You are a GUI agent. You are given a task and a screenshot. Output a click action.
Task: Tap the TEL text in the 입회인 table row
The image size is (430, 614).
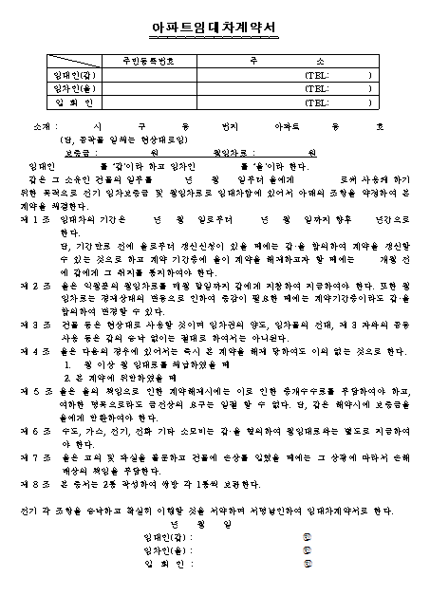pos(315,102)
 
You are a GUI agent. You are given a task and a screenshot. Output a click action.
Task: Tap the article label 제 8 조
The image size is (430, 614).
pos(33,482)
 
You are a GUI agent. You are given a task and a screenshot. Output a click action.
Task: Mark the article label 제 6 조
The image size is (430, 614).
pos(33,429)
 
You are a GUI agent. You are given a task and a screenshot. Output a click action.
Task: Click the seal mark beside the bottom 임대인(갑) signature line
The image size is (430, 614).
pos(306,537)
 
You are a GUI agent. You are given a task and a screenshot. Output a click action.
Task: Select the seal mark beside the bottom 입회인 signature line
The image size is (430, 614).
pos(306,564)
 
